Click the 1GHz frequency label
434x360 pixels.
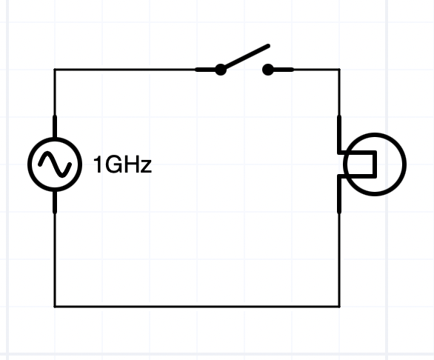[x=123, y=164]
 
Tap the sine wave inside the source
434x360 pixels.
[x=55, y=164]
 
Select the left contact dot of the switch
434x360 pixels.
[x=221, y=70]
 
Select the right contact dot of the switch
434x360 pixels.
[x=267, y=70]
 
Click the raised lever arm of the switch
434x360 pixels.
[x=247, y=57]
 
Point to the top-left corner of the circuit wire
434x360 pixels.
[x=55, y=69]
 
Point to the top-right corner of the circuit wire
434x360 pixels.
[x=339, y=69]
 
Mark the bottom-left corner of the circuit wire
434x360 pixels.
[x=55, y=306]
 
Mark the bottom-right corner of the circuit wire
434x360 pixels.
[x=339, y=306]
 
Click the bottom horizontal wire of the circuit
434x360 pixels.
[x=197, y=306]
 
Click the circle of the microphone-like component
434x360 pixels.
[x=375, y=133]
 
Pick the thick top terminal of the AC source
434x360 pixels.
[x=55, y=127]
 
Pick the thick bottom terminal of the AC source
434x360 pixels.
[x=55, y=202]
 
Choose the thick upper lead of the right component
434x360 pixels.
[x=339, y=134]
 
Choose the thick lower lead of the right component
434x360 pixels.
[x=339, y=194]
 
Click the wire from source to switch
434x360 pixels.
[x=125, y=69]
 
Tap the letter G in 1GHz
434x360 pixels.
[x=111, y=164]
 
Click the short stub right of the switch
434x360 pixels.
[x=282, y=70]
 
